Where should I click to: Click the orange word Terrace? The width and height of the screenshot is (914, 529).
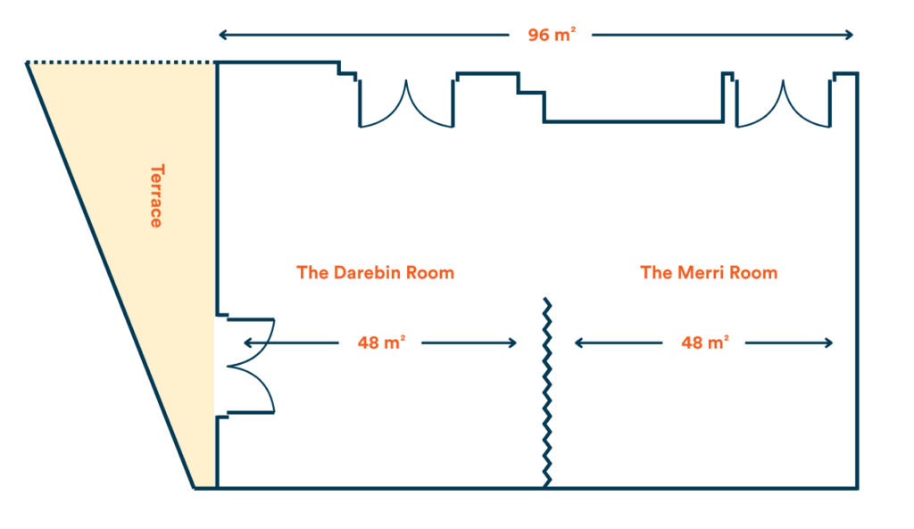156,195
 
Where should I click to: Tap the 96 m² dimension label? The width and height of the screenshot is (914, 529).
551,36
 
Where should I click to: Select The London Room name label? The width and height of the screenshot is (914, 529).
376,274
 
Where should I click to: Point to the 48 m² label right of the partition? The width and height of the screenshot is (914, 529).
704,343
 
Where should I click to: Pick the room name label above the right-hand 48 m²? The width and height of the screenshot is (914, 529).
710,274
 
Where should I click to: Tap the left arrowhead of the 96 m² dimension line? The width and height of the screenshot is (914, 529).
222,37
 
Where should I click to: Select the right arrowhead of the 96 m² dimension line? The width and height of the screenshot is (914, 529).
849,37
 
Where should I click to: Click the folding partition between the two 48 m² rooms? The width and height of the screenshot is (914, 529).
546,393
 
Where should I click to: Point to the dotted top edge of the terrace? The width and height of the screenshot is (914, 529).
120,62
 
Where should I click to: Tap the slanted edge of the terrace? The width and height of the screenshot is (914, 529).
112,277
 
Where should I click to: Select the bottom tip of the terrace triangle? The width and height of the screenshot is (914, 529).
195,487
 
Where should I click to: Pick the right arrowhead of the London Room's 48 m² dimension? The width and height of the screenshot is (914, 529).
512,343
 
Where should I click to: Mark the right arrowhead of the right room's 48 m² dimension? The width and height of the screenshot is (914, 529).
828,343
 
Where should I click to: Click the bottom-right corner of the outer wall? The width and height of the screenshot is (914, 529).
857,487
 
